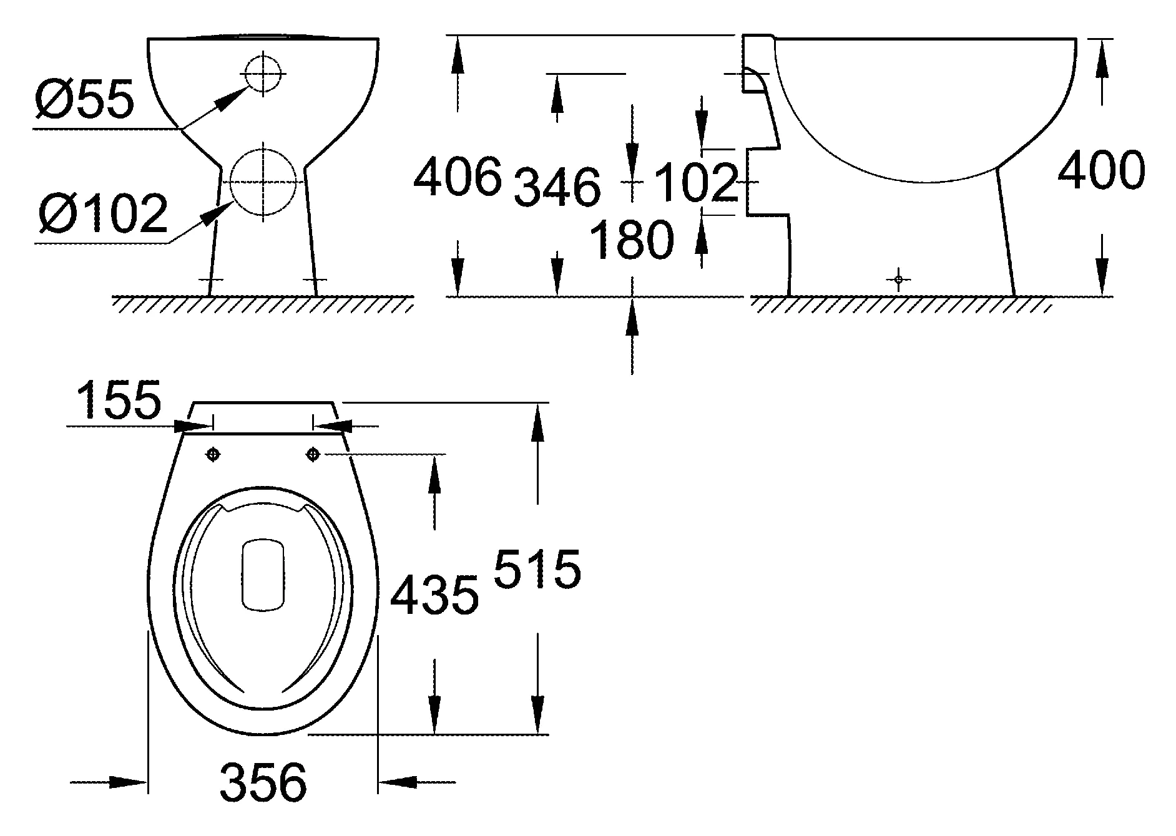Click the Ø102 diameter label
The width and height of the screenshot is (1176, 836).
[x=102, y=213]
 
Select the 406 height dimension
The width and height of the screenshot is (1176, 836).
[x=458, y=177]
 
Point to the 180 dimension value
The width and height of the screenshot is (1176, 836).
[x=632, y=240]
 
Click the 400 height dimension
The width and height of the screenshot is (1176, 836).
[x=1102, y=171]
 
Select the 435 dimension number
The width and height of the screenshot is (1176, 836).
[x=434, y=595]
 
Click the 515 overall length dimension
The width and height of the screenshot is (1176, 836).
[x=537, y=569]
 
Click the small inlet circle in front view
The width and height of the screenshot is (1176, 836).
[x=265, y=74]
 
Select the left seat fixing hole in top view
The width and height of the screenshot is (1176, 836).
[x=213, y=455]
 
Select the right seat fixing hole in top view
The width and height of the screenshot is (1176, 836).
[x=313, y=455]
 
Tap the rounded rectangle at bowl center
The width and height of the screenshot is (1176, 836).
[x=263, y=575]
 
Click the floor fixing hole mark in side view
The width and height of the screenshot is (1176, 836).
[x=898, y=279]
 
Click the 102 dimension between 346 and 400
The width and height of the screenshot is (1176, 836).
[x=696, y=183]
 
